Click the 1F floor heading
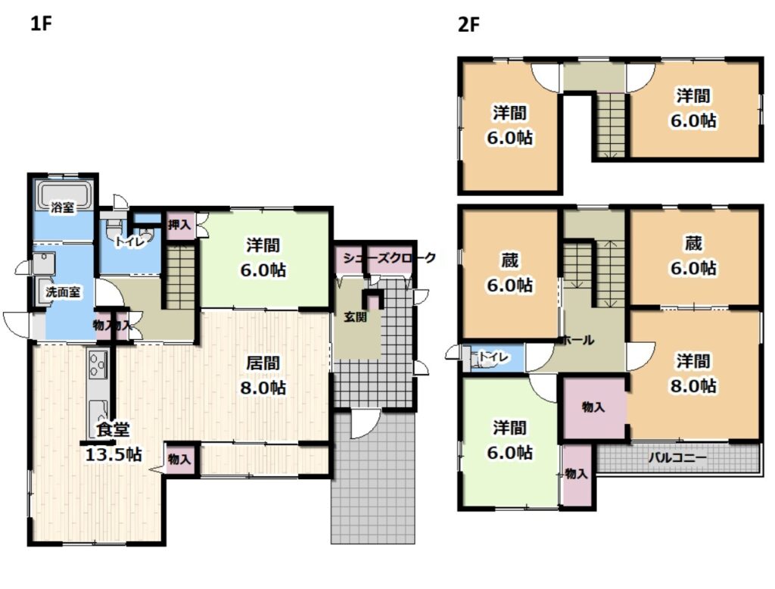pos(41,23)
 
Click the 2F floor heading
pos(468,24)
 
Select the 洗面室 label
pos(63,292)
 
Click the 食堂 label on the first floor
pos(113,429)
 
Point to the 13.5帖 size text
pos(114,454)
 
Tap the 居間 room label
pos(263,363)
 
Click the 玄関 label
pos(356,317)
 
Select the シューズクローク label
pos(390,258)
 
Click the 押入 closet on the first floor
pos(179,226)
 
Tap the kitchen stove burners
pos(98,364)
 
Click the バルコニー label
pos(677,457)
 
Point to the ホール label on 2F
pos(578,340)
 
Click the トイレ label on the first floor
pos(130,242)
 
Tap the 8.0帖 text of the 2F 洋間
pos(693,386)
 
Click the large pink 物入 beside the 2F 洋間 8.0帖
pos(594,407)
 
